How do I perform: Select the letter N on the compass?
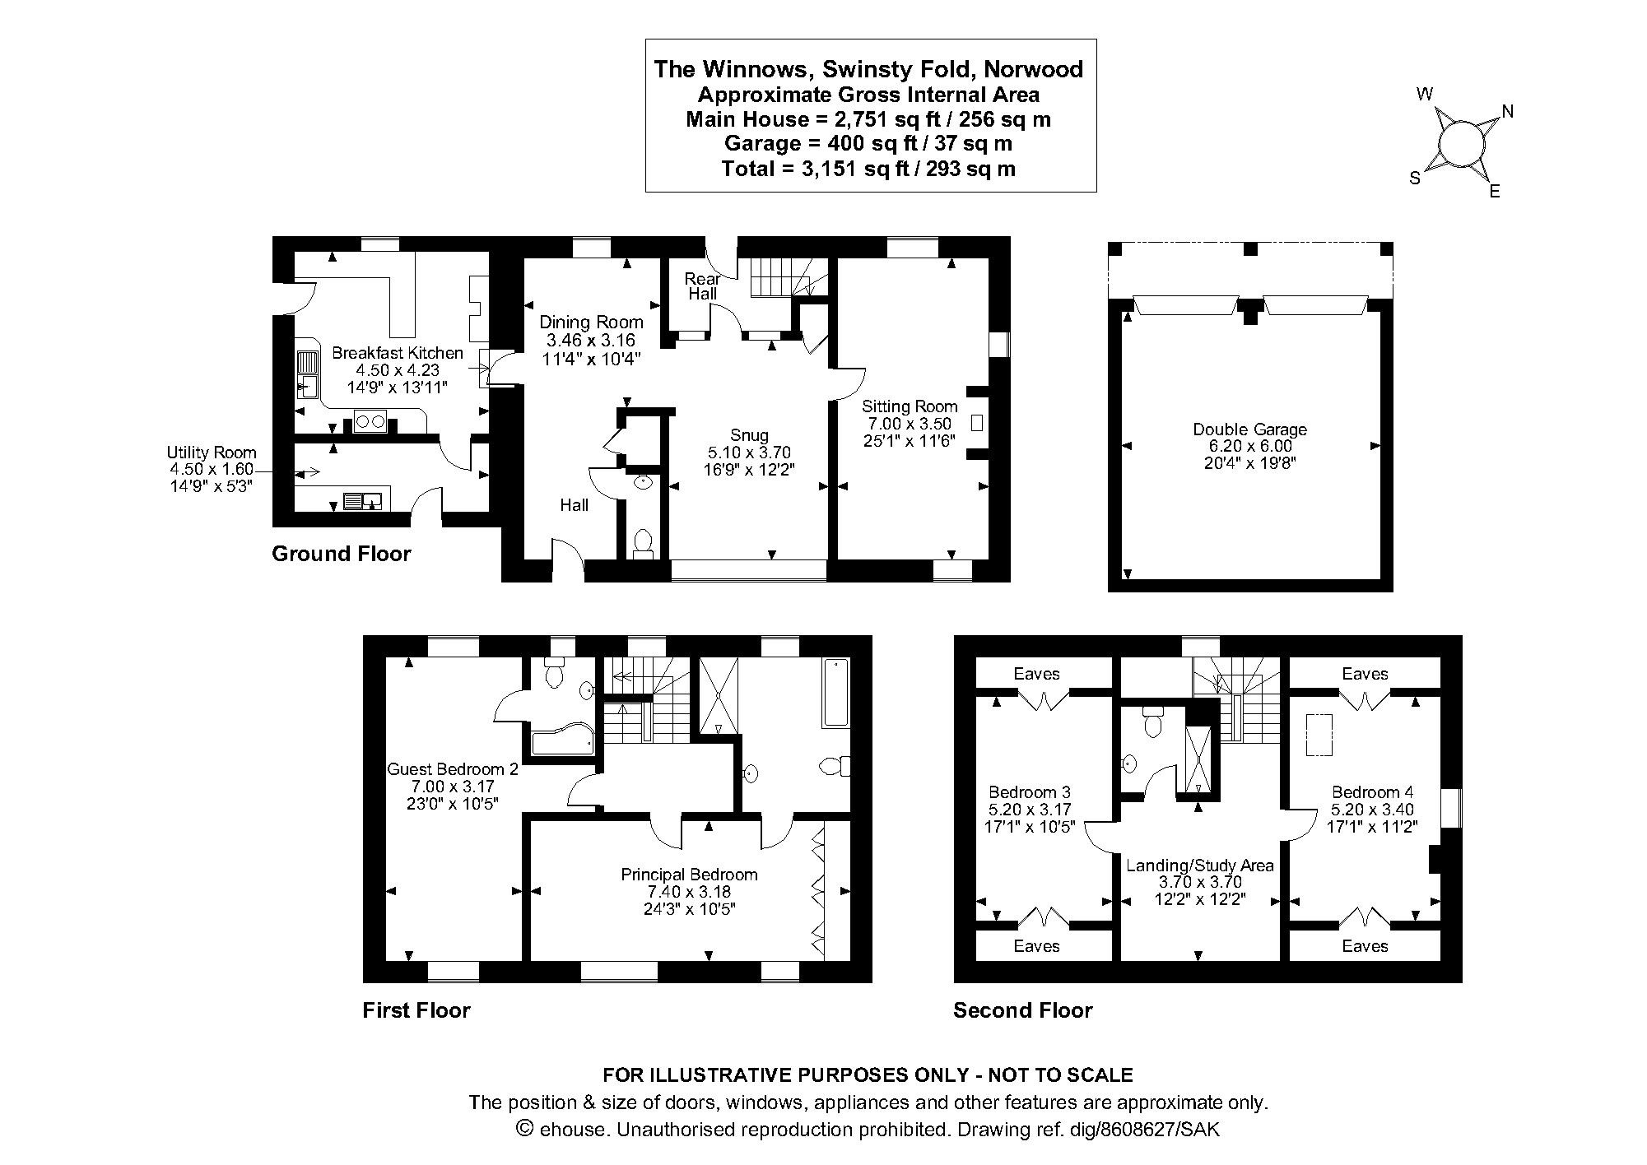[1508, 112]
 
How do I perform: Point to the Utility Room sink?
[363, 499]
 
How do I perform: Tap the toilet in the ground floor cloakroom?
[644, 544]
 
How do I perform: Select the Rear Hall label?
[702, 286]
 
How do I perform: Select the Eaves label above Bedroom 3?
[1036, 674]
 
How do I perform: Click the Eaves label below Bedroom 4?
[1364, 946]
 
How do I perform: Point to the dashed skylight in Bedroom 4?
[1319, 734]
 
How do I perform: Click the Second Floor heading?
[1022, 1010]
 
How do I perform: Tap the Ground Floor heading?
[341, 554]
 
